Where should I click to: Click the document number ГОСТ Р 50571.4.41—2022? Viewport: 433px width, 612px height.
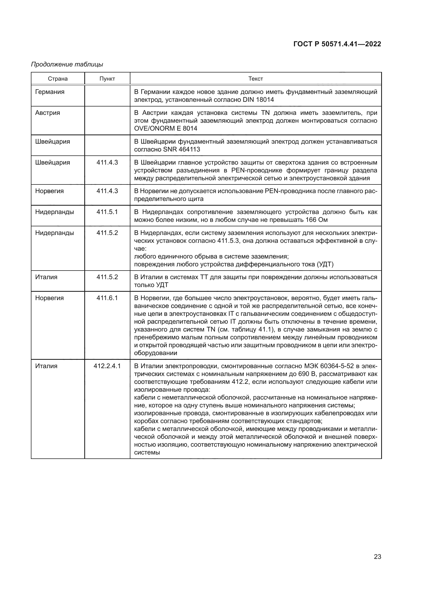[337, 44]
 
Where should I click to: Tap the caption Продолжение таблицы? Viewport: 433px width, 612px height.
[67, 64]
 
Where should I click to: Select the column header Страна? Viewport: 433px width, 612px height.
[58, 79]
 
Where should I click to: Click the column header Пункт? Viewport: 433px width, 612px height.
[107, 79]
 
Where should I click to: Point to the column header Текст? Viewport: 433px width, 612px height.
[256, 79]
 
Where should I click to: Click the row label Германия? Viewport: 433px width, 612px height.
[50, 92]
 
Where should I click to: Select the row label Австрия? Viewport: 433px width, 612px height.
[47, 113]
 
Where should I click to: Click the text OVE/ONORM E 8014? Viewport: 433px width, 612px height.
[165, 128]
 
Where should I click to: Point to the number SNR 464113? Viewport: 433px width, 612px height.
[182, 149]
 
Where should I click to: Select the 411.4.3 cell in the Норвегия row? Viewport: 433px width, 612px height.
[107, 191]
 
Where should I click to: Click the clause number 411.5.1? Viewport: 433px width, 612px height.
[107, 212]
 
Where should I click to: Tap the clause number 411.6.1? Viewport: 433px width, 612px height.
[107, 298]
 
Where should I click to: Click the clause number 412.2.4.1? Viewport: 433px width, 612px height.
[107, 366]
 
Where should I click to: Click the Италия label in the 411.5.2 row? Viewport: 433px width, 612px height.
[46, 277]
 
